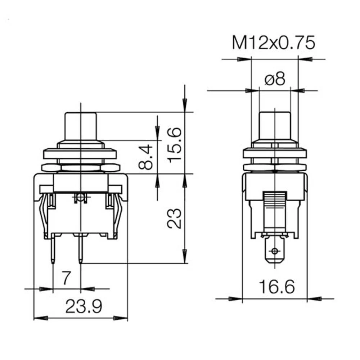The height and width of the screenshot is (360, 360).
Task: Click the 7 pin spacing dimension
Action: point(66,278)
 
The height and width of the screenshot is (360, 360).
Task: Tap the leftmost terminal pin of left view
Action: point(53,248)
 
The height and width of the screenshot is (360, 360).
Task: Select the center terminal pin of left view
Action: point(81,248)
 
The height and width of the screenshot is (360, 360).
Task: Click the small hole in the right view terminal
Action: point(275,251)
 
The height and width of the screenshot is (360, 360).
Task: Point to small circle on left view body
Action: point(80,197)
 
